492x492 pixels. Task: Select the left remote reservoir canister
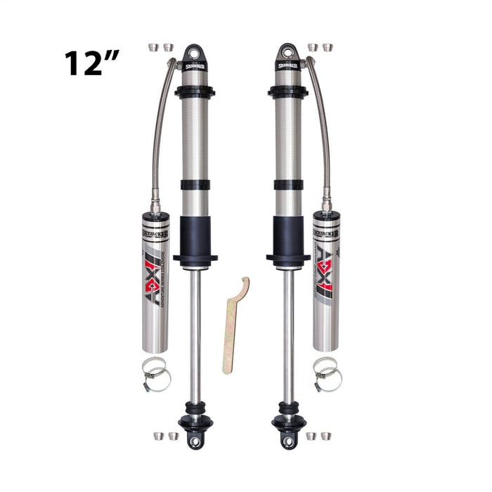click(155, 280)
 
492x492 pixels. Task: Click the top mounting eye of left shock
click(194, 53)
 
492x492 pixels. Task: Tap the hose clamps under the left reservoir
click(156, 374)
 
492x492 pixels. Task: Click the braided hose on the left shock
click(160, 127)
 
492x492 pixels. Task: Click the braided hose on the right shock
click(320, 127)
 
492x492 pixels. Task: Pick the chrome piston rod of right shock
click(289, 330)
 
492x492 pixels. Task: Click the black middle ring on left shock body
click(195, 185)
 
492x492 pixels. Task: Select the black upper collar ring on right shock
click(287, 92)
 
